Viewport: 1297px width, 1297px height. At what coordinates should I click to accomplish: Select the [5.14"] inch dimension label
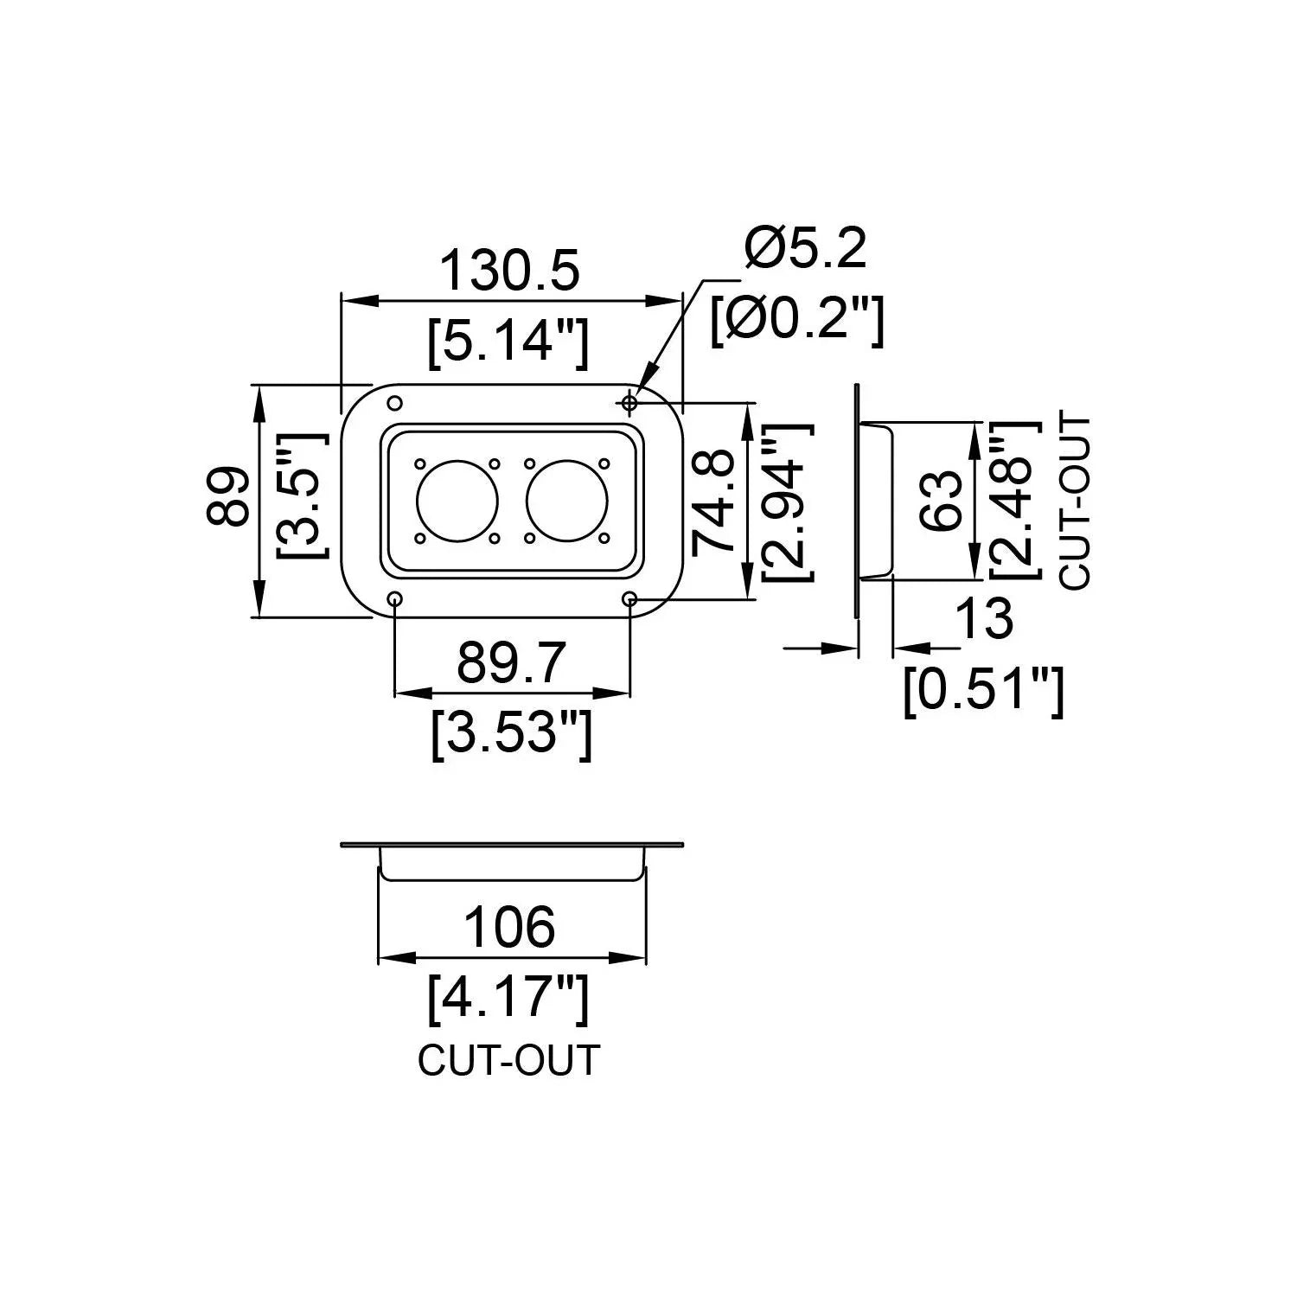pyautogui.click(x=509, y=341)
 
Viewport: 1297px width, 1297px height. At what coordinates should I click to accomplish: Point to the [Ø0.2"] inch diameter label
pyautogui.click(x=797, y=320)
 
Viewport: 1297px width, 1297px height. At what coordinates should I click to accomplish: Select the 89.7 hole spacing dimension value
pyautogui.click(x=511, y=663)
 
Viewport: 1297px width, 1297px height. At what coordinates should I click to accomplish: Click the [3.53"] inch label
pyautogui.click(x=511, y=733)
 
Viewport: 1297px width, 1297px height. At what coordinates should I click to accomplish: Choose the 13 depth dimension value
pyautogui.click(x=984, y=619)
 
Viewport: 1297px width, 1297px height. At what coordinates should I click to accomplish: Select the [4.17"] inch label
pyautogui.click(x=509, y=997)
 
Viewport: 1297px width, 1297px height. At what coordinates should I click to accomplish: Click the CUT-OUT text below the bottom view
pyautogui.click(x=508, y=1061)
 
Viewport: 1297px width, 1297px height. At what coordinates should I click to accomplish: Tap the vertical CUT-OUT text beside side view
pyautogui.click(x=1076, y=502)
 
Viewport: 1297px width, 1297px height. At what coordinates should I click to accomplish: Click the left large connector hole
pyautogui.click(x=457, y=502)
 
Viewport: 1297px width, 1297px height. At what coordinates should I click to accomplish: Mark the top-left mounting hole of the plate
pyautogui.click(x=395, y=403)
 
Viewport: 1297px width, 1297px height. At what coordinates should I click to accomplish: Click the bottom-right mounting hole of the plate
pyautogui.click(x=629, y=598)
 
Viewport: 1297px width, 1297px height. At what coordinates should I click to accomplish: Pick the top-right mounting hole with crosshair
pyautogui.click(x=629, y=403)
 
